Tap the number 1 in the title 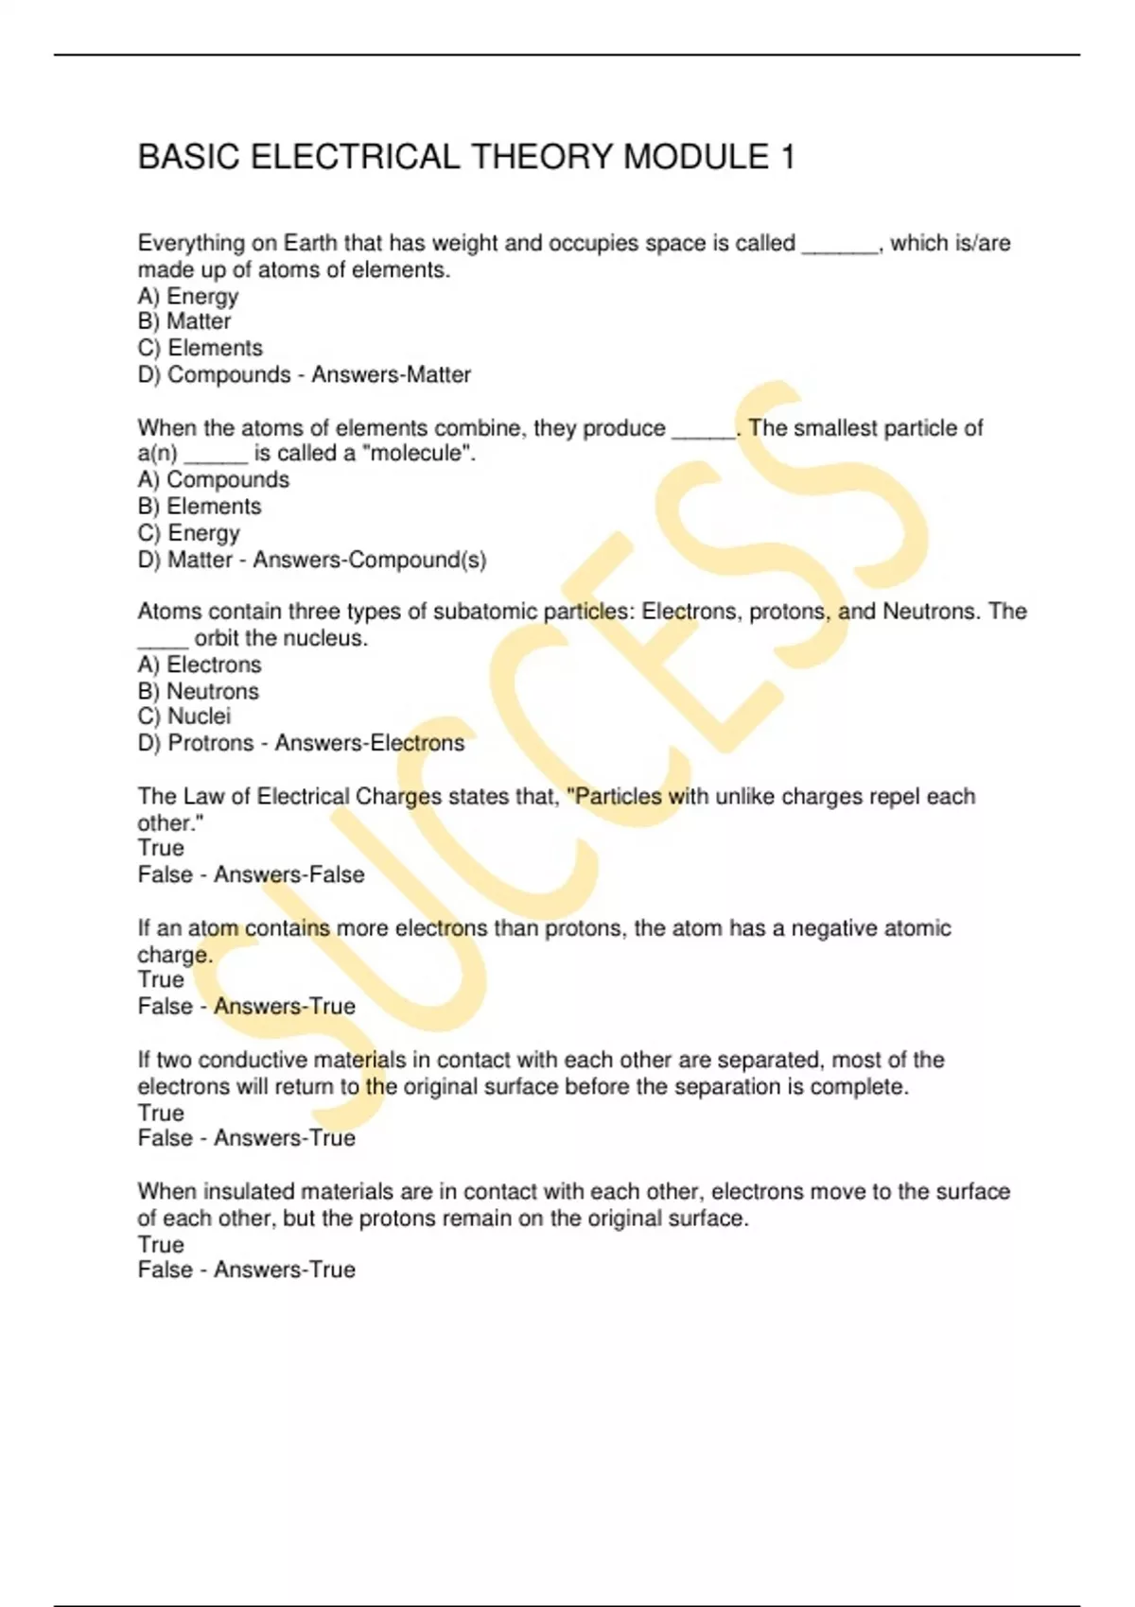pos(786,157)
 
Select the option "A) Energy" pos(188,296)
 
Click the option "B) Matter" pos(184,321)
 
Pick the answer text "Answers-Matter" pos(391,374)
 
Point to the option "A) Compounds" pos(214,479)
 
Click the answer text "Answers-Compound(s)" pos(369,560)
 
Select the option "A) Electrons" pos(200,665)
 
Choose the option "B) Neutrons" pos(199,691)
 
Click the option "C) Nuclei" pos(184,717)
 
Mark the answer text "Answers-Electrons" pos(369,743)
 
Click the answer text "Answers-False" pos(288,874)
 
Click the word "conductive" pos(252,1060)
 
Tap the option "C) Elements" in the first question pos(201,348)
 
